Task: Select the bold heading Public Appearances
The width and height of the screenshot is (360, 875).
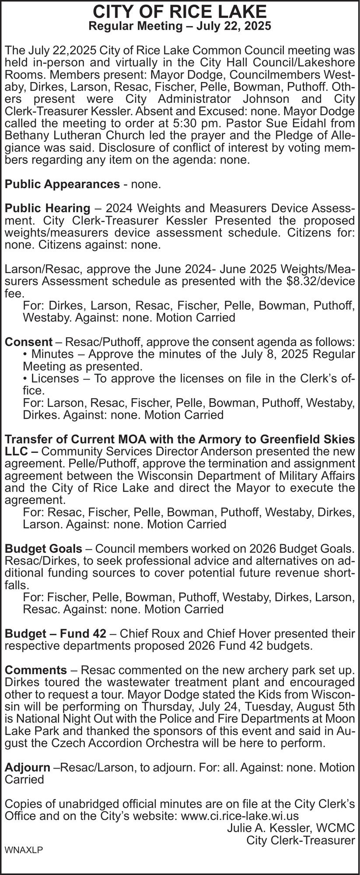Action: point(62,184)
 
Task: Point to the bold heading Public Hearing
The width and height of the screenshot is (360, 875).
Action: point(47,207)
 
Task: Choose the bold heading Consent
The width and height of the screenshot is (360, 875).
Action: point(28,341)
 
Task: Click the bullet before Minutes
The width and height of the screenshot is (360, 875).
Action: point(25,353)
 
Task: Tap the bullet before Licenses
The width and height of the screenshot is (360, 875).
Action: point(25,378)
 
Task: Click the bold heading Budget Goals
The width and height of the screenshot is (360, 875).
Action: point(43,548)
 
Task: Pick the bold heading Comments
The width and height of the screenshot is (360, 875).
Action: point(35,670)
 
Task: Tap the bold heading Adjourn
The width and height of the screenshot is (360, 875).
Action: point(27,767)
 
